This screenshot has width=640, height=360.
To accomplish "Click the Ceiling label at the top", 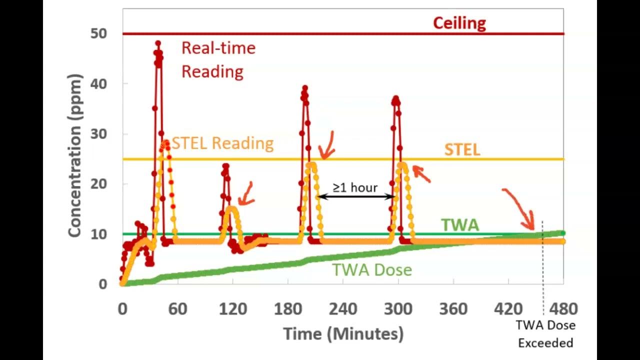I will (459, 23).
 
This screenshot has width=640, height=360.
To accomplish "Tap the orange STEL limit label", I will (462, 149).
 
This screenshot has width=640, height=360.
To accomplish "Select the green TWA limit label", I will (459, 225).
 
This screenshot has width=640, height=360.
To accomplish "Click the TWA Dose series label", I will (372, 270).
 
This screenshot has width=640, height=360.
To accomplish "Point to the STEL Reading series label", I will (222, 143).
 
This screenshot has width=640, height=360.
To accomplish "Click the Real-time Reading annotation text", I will (218, 59).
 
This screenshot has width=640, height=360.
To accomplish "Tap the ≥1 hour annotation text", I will (355, 187).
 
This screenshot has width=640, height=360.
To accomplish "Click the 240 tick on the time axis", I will (343, 309).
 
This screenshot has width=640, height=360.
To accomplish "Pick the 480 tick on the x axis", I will (563, 309).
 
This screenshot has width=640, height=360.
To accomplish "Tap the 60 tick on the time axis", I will (177, 309).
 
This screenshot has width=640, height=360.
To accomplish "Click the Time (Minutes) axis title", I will (343, 333).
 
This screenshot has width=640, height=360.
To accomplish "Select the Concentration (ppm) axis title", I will (74, 155).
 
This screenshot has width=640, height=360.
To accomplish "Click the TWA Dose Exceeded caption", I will (545, 334).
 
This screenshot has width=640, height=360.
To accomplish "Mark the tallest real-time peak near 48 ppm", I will (158, 43).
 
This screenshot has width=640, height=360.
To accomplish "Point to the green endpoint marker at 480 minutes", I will (563, 233).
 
